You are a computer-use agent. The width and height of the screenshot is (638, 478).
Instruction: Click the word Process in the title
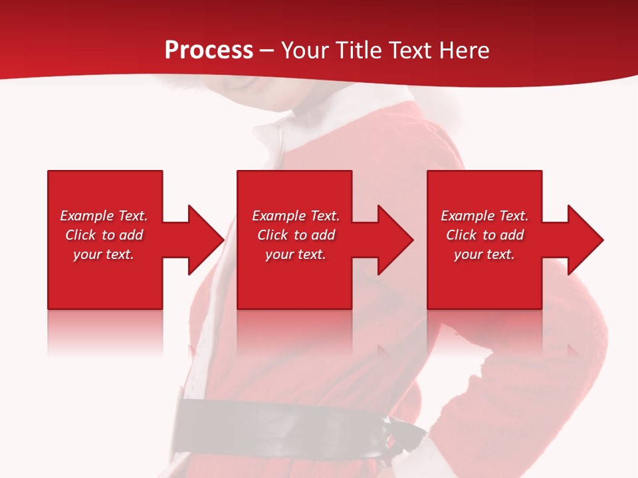click(x=209, y=50)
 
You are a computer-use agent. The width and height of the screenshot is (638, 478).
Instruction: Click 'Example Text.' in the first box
click(x=104, y=216)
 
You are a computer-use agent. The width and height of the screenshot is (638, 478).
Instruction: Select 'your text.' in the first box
click(x=104, y=254)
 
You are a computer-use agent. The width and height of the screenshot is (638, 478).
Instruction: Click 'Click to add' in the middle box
click(x=296, y=235)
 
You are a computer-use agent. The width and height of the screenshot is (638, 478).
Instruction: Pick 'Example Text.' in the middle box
click(x=296, y=216)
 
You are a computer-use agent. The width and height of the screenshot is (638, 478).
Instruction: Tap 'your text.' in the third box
click(x=484, y=254)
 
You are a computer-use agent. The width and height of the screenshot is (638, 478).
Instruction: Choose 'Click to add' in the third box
click(x=484, y=235)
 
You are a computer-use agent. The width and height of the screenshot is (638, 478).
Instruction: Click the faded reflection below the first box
click(x=105, y=332)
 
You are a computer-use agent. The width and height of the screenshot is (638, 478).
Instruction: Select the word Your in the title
click(x=306, y=50)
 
